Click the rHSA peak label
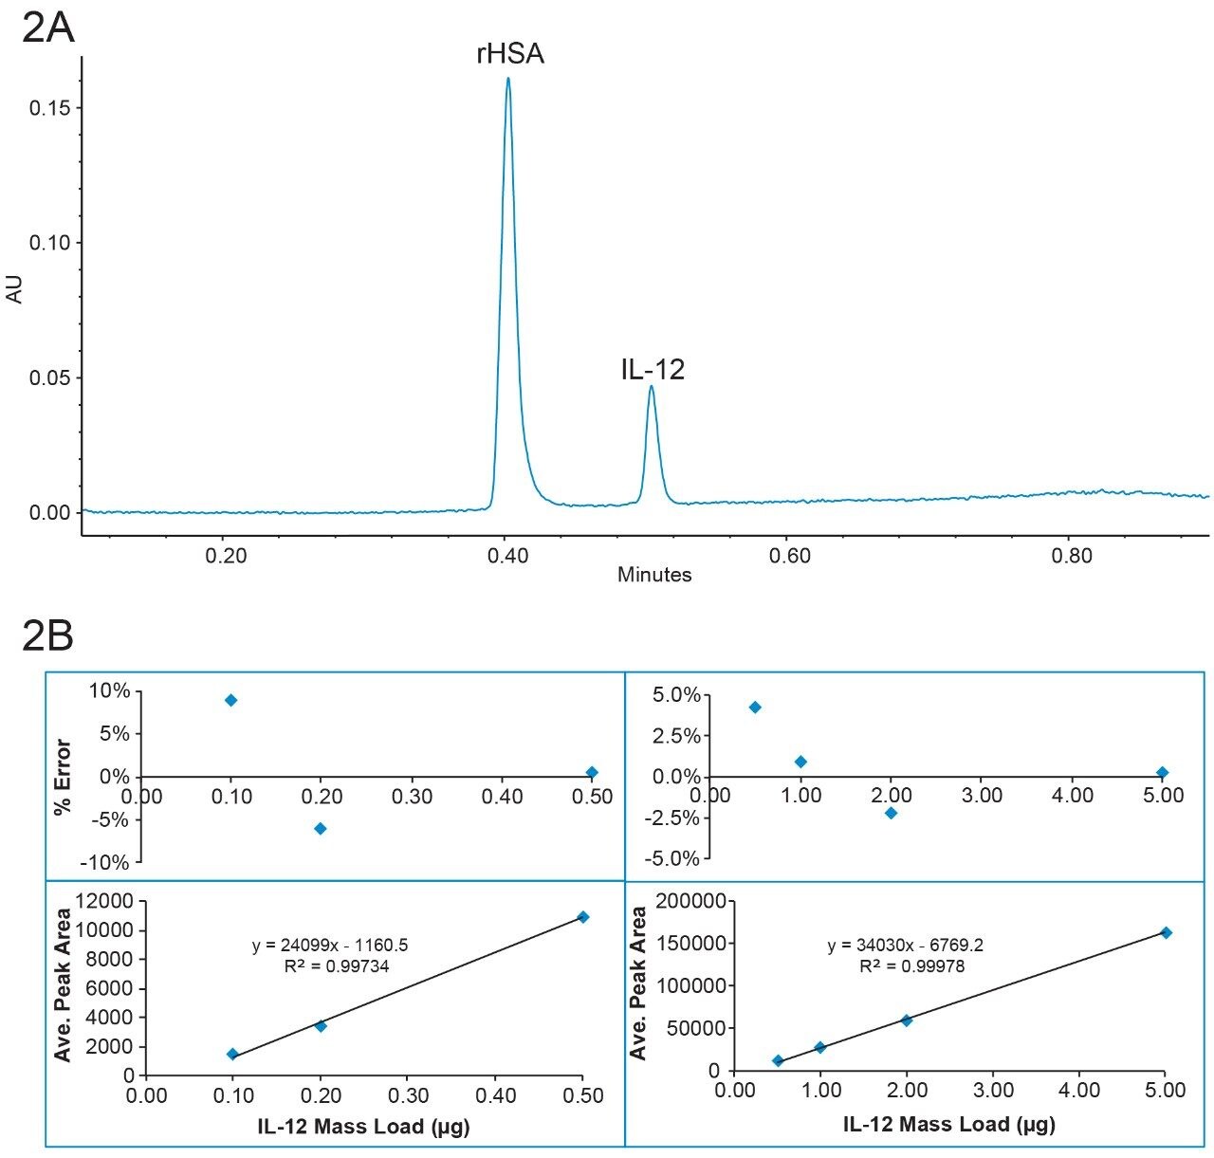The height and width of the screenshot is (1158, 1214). point(509,54)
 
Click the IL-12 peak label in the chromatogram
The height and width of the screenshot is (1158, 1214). point(653,369)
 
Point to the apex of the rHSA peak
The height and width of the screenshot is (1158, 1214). point(508,79)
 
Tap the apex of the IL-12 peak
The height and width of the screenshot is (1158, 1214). point(651,386)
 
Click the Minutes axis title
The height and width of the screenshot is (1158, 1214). point(654,575)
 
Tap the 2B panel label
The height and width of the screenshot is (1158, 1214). point(47,637)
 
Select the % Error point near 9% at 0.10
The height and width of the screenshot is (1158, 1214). point(230,700)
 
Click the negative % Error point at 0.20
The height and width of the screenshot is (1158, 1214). point(321,828)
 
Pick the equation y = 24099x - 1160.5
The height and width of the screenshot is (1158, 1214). point(330,946)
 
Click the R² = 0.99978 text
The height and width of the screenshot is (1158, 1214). point(907,966)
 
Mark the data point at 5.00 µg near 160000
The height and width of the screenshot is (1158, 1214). point(1166,932)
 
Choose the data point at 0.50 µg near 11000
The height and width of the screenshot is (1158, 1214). point(583,916)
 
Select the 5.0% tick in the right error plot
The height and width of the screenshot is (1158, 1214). point(676,695)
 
